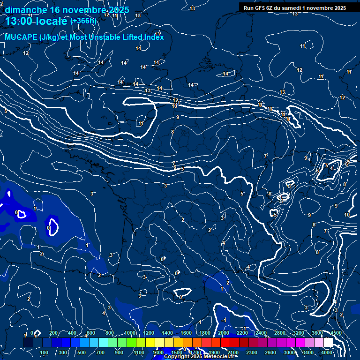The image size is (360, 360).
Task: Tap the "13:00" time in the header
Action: point(21,21)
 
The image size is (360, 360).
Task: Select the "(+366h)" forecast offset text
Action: point(83,21)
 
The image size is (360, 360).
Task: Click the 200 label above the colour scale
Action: point(53,333)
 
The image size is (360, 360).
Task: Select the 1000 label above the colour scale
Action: point(129,333)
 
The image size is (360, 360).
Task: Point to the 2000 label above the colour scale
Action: point(224,333)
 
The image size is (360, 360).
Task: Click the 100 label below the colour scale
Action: point(45,352)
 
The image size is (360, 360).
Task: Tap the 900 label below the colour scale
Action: point(119,352)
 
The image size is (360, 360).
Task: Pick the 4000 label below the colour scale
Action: point(327,352)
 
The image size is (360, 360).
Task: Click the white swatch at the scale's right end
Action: point(328,343)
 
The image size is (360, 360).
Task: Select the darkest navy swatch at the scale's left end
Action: point(28,343)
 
